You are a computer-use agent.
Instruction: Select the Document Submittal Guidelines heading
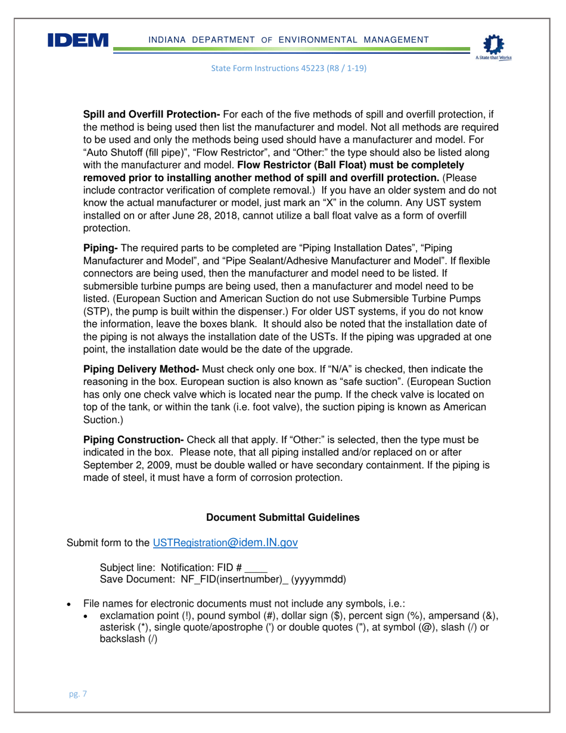[x=282, y=518]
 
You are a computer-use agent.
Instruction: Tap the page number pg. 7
[x=76, y=694]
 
